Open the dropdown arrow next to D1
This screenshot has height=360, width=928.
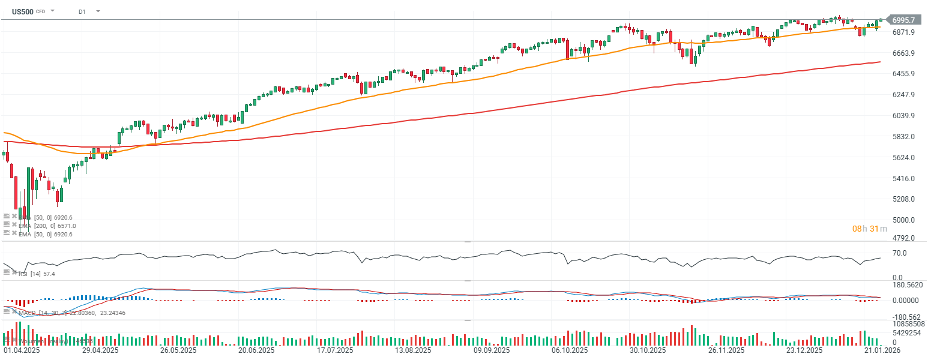point(98,11)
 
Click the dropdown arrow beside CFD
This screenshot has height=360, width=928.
point(53,11)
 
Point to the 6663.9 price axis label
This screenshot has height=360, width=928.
point(903,53)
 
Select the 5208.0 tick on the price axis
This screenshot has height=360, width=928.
point(903,199)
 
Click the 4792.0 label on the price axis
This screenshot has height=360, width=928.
point(903,238)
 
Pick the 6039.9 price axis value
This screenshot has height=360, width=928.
point(903,116)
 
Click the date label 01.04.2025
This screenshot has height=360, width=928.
point(22,350)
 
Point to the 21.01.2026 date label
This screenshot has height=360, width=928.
point(882,350)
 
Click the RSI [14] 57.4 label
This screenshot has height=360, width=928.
point(37,274)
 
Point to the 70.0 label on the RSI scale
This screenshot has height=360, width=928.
point(899,253)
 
